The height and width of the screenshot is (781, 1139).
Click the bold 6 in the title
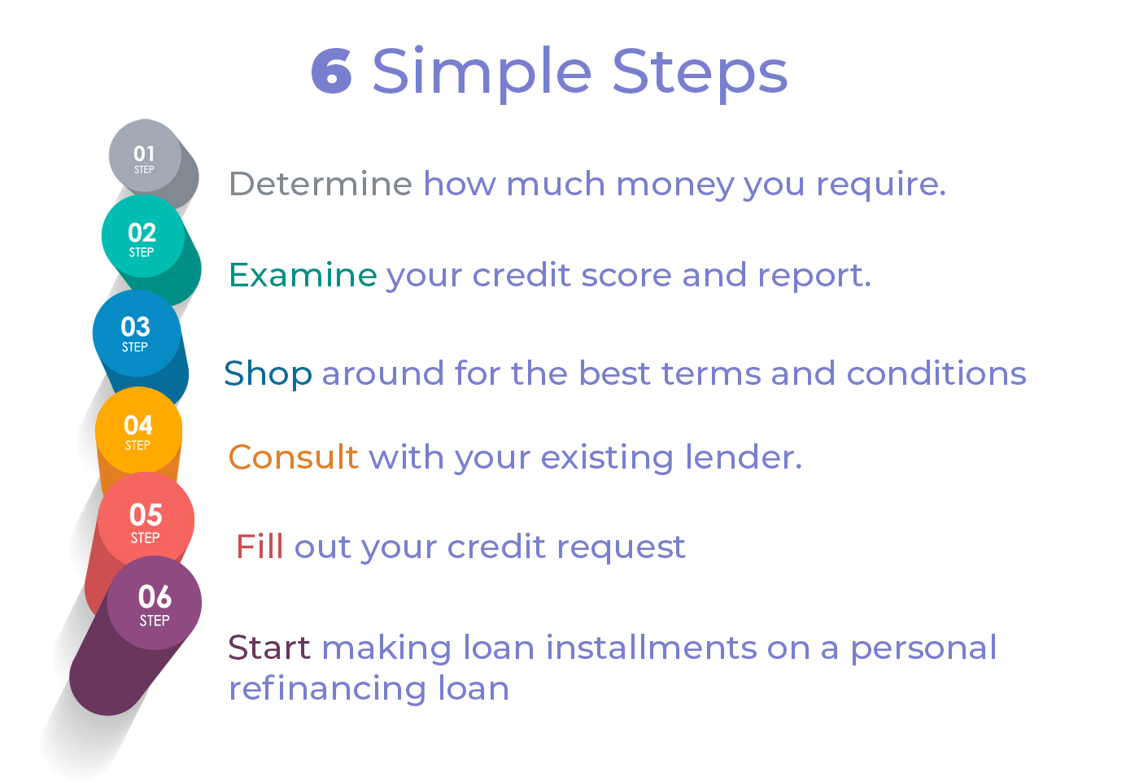[x=332, y=71]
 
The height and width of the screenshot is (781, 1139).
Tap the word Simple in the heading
[x=482, y=74]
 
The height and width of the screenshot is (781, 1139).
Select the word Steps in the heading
[x=700, y=74]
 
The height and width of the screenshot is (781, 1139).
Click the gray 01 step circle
[x=146, y=155]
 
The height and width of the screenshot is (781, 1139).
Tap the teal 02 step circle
[x=143, y=236]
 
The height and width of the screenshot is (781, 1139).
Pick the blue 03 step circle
[x=137, y=333]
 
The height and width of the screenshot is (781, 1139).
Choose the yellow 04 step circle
[x=139, y=430]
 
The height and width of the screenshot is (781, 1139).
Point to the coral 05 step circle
[x=146, y=520]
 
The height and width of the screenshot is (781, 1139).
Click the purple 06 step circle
[x=155, y=603]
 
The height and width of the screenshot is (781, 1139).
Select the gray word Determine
[x=321, y=184]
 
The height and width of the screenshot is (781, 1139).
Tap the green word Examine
[x=303, y=275]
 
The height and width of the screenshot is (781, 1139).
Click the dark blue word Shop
[x=268, y=374]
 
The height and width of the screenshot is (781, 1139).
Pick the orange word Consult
[x=294, y=456]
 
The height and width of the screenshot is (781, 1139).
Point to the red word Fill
[x=260, y=547]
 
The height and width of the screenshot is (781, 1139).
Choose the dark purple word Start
[x=269, y=648]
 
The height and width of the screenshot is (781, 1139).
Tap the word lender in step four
[x=744, y=456]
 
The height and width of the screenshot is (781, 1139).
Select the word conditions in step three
[x=936, y=373]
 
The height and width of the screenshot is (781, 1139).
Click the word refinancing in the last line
[x=327, y=688]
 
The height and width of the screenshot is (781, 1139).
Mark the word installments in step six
[x=652, y=648]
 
